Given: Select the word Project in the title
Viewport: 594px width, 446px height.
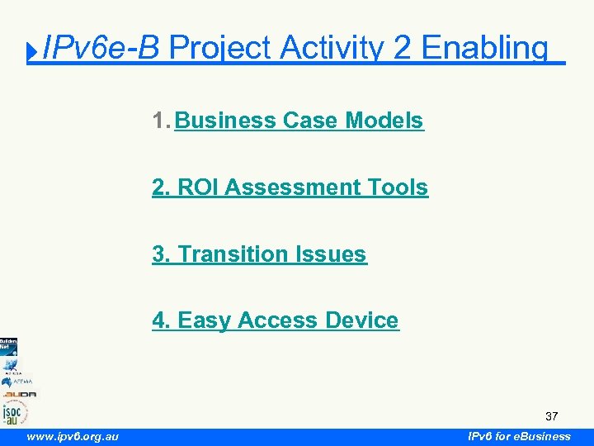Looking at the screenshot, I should (x=219, y=49).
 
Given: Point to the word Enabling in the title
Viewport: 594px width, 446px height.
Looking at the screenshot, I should (x=484, y=49).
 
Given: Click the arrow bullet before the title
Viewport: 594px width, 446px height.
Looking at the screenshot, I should (x=32, y=53).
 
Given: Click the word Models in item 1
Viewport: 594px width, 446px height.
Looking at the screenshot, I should (x=384, y=121).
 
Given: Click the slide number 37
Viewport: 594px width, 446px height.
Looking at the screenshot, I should (x=551, y=416).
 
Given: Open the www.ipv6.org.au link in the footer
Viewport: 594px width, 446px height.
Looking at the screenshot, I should (x=73, y=436).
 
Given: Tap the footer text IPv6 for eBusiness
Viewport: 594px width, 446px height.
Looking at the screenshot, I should (x=519, y=436).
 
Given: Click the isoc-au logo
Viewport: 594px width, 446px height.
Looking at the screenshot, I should (x=14, y=412).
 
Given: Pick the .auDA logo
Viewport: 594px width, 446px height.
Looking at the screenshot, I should (x=17, y=394).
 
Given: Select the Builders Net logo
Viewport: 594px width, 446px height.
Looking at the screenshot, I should (x=8, y=345).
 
